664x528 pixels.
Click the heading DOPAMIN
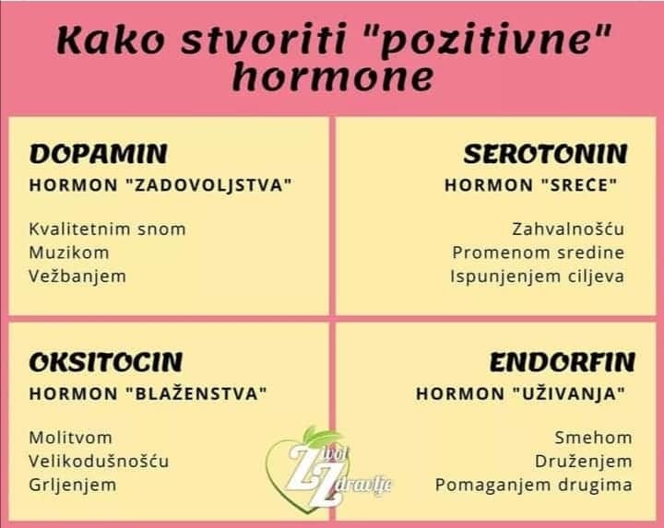click(99, 153)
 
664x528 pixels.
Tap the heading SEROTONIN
click(545, 153)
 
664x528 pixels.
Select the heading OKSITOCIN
click(106, 361)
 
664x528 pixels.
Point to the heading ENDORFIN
click(562, 361)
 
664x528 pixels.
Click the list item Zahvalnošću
click(568, 229)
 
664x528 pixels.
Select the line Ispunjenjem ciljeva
click(538, 276)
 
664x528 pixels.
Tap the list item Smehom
click(593, 438)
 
